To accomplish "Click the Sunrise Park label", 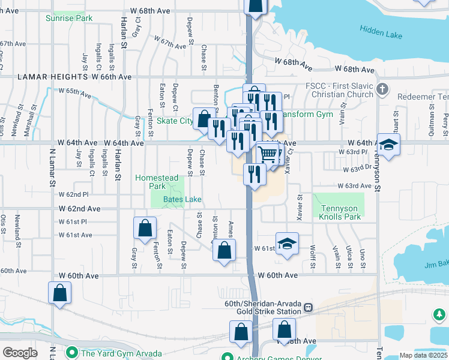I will click(x=69, y=18).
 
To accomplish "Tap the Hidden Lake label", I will click(x=381, y=32).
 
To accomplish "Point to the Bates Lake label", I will click(x=183, y=199).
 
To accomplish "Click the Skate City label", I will click(x=175, y=121).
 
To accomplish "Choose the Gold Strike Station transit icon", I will click(x=309, y=307).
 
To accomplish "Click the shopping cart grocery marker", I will click(x=268, y=154).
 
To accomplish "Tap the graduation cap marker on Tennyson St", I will click(x=388, y=145).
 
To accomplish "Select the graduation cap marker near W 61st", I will click(x=288, y=244).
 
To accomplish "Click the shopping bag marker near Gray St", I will click(x=145, y=228).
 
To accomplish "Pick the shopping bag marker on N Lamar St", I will click(x=59, y=293).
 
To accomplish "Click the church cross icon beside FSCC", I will click(x=382, y=90).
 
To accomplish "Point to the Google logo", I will click(x=20, y=353).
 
